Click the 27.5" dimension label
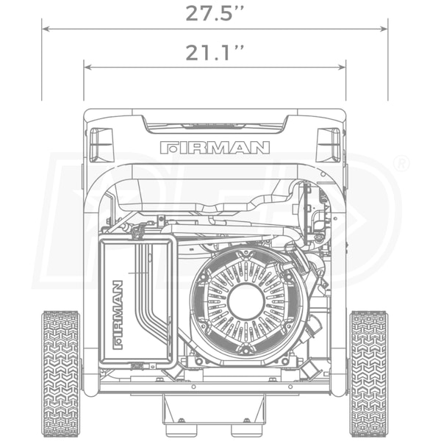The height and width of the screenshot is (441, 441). pos(215,13)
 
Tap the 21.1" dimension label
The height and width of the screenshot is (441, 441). pos(215,53)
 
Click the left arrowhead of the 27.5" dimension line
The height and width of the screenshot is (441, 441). pos(46,29)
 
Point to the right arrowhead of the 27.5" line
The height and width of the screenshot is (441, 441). pos(384,29)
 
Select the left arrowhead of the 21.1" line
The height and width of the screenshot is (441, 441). pos(87,67)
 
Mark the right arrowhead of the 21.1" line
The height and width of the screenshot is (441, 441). pos(342,67)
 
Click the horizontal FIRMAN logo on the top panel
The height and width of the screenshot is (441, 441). pos(215,148)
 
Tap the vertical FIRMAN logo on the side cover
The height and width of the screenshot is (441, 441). pos(118,315)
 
